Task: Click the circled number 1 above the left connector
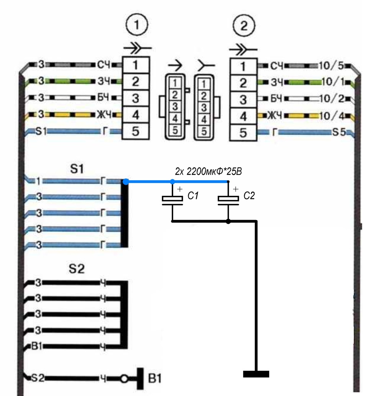coord(136,25)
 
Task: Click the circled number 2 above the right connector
coord(244,26)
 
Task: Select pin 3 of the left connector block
coord(136,98)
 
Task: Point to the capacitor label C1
coord(193,196)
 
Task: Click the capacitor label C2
coord(249,196)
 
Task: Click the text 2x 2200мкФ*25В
coord(209,171)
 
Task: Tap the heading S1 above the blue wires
coord(77,169)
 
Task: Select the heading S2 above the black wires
coord(77,269)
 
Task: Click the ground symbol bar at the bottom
coord(256,374)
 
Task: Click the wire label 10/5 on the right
coord(331,66)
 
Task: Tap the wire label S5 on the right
coord(339,132)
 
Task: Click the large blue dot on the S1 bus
coord(126,182)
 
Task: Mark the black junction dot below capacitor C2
coord(228,222)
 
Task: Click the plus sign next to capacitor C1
coord(180,189)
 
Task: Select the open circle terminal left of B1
coord(124,379)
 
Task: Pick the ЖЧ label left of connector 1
coord(104,115)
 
